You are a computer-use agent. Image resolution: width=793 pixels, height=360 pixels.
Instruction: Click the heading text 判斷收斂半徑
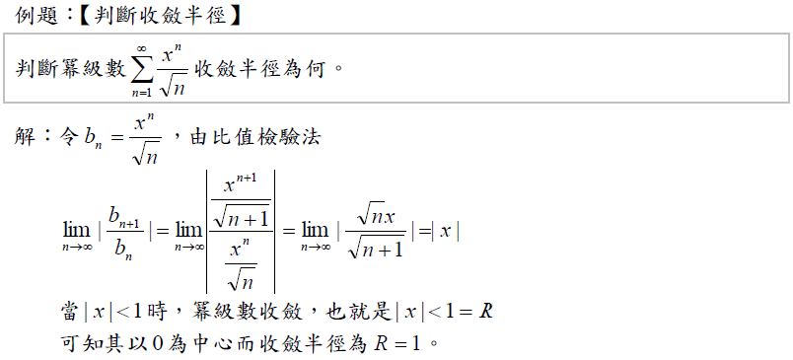click(160, 16)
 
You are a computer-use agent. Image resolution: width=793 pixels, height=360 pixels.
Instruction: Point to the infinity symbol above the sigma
click(142, 48)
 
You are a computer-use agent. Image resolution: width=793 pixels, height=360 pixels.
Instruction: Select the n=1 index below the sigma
click(142, 93)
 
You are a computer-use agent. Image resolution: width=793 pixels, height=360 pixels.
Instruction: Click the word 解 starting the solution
click(25, 137)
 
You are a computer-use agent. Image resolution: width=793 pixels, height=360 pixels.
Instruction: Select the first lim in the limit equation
click(77, 231)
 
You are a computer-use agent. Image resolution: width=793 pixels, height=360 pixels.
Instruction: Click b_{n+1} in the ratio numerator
click(123, 216)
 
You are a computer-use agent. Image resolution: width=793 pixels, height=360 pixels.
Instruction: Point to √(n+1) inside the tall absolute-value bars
click(241, 217)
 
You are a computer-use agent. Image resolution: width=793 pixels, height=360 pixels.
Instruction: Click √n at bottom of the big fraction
click(241, 278)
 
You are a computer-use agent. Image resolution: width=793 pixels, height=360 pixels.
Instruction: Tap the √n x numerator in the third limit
click(376, 216)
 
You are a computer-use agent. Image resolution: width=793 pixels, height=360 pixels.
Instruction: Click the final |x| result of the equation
click(446, 232)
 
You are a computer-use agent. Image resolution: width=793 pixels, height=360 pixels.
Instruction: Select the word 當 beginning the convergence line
click(71, 312)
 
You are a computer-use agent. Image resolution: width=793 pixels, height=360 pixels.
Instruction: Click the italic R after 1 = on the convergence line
click(485, 312)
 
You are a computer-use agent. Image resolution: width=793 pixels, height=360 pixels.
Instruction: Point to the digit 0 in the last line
click(158, 344)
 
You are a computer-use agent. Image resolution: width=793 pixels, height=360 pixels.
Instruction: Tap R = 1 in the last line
click(397, 344)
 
